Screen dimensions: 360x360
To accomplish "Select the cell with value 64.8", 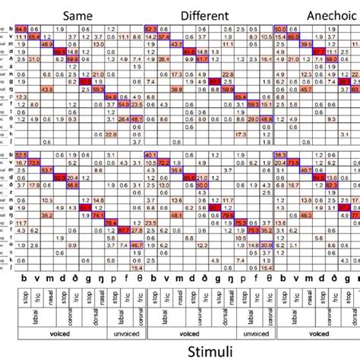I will click(21, 29).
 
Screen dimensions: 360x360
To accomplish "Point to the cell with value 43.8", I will click(46, 89).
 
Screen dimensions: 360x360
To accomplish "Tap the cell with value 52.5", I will click(21, 155).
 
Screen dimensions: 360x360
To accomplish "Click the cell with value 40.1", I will click(150, 155).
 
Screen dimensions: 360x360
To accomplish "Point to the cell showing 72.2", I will click(163, 163).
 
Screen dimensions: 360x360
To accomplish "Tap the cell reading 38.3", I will click(280, 155).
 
